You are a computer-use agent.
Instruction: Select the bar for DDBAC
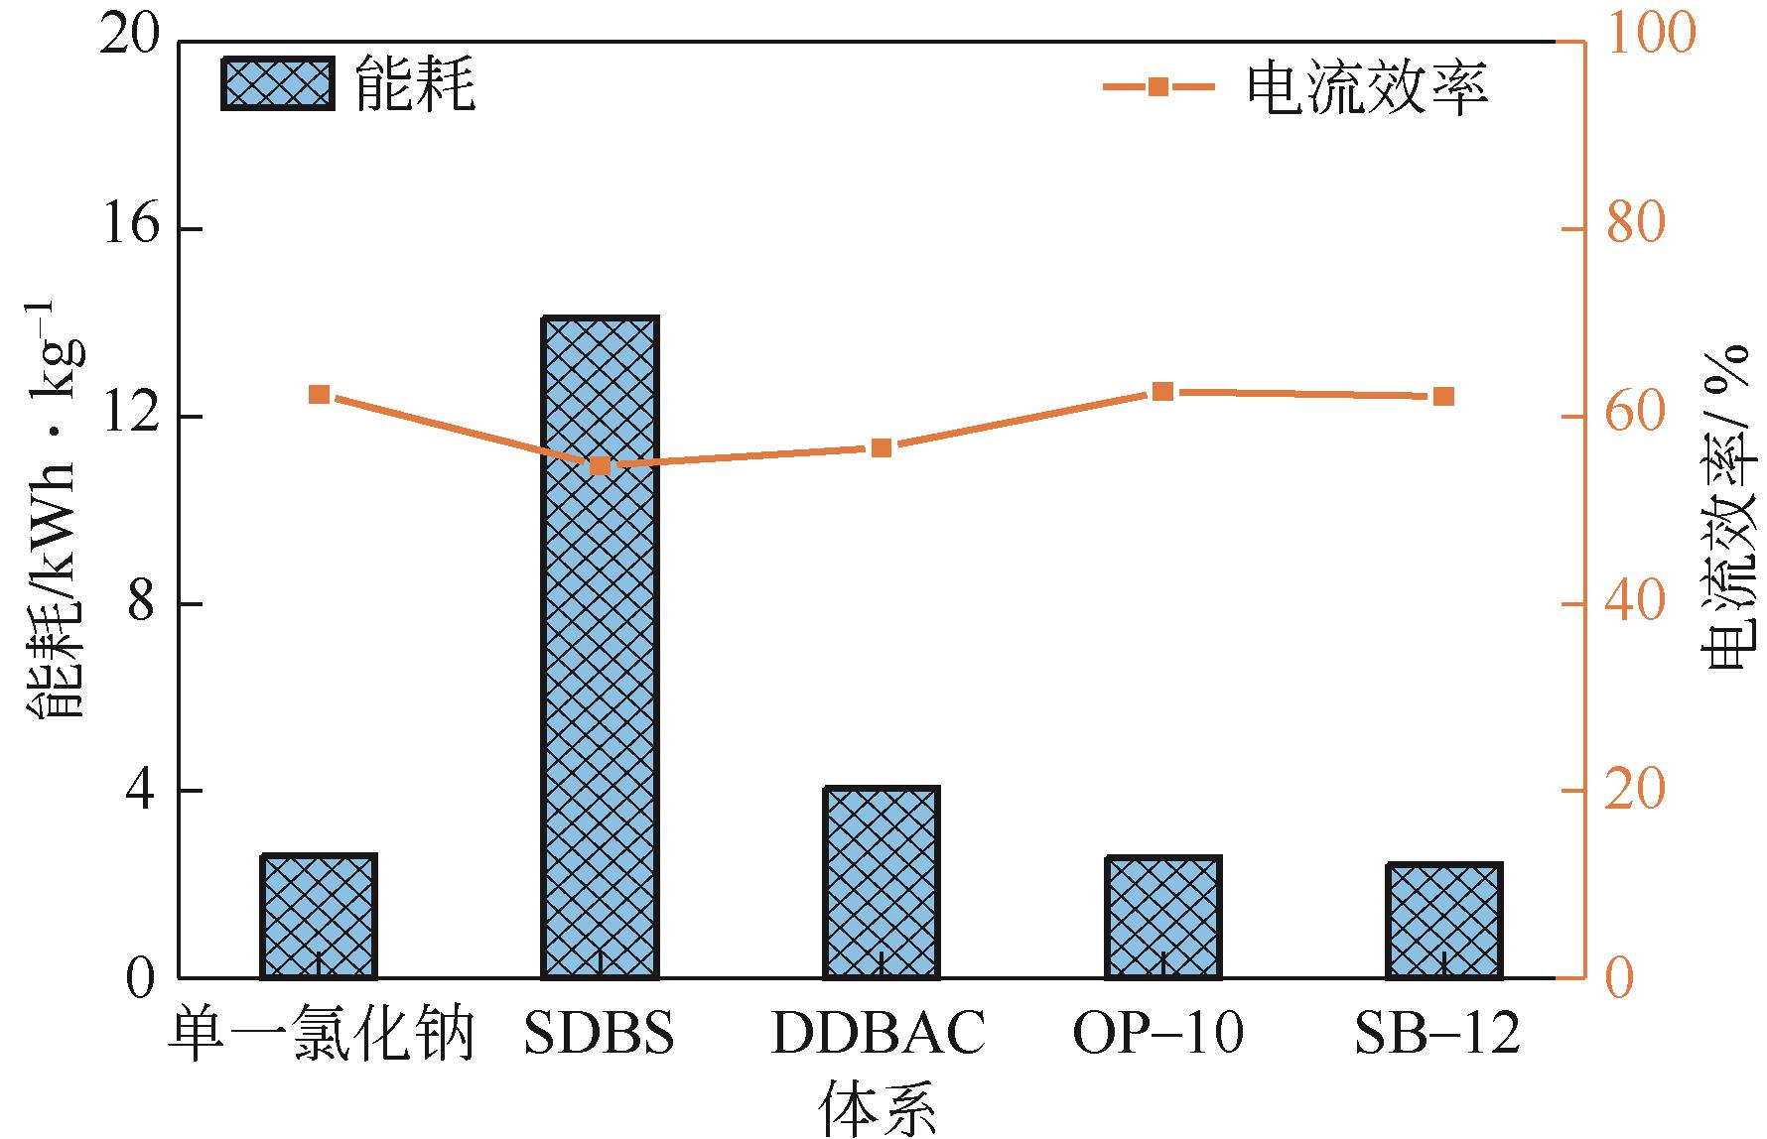click(881, 882)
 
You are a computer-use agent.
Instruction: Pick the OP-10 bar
click(1162, 917)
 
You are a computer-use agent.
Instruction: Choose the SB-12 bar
click(1443, 921)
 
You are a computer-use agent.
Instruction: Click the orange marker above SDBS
click(600, 466)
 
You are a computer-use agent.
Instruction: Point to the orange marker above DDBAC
click(881, 447)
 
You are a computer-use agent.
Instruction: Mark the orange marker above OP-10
click(1162, 392)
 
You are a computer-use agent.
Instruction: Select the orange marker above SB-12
click(1443, 397)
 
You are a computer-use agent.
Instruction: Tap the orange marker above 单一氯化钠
click(319, 395)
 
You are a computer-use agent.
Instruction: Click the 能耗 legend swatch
click(277, 84)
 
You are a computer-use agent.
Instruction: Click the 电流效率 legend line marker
click(1158, 87)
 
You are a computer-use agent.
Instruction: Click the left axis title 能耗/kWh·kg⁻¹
click(58, 507)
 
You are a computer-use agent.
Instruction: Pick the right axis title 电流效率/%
click(1726, 507)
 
